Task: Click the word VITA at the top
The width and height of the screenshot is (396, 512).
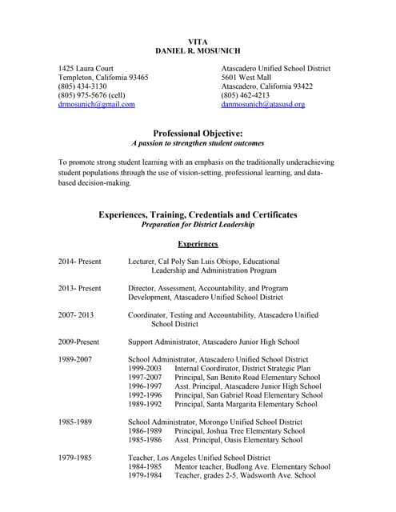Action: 197,41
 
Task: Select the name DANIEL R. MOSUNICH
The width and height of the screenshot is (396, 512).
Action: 197,50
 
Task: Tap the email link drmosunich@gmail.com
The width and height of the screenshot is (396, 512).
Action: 97,104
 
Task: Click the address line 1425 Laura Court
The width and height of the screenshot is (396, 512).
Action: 86,69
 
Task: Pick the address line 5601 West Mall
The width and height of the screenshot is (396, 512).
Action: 250,78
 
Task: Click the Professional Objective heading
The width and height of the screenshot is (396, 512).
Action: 198,133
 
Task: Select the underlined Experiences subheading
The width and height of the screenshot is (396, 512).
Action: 198,243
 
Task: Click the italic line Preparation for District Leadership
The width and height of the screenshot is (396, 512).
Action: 198,226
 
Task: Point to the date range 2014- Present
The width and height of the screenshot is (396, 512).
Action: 79,262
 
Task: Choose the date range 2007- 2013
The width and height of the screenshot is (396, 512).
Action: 76,315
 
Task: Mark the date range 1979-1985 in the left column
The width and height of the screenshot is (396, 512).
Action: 75,458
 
